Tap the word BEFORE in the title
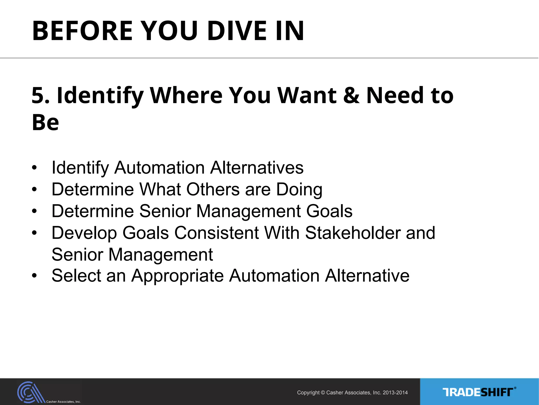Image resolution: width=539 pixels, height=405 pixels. [x=82, y=31]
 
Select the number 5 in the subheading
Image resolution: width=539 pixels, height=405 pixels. [x=38, y=95]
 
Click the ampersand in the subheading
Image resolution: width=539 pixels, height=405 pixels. [x=352, y=95]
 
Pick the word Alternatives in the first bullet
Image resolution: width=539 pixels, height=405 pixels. [x=257, y=168]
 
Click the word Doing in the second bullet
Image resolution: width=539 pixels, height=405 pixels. [x=299, y=190]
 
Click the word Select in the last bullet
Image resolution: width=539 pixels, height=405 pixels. [x=76, y=276]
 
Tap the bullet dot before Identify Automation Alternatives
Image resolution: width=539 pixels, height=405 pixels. [x=34, y=168]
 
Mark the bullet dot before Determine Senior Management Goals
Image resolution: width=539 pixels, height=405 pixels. [x=34, y=211]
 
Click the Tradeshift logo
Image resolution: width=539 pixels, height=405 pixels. [x=479, y=392]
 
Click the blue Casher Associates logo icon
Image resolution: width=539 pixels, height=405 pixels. [x=30, y=392]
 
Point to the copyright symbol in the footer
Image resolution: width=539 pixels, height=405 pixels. [x=323, y=393]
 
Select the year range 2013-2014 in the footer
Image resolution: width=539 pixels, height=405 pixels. [x=395, y=393]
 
